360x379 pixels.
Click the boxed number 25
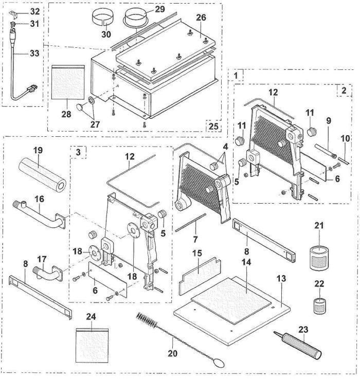click(x=213, y=125)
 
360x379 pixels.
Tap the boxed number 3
click(x=77, y=153)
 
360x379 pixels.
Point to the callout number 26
click(x=201, y=16)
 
